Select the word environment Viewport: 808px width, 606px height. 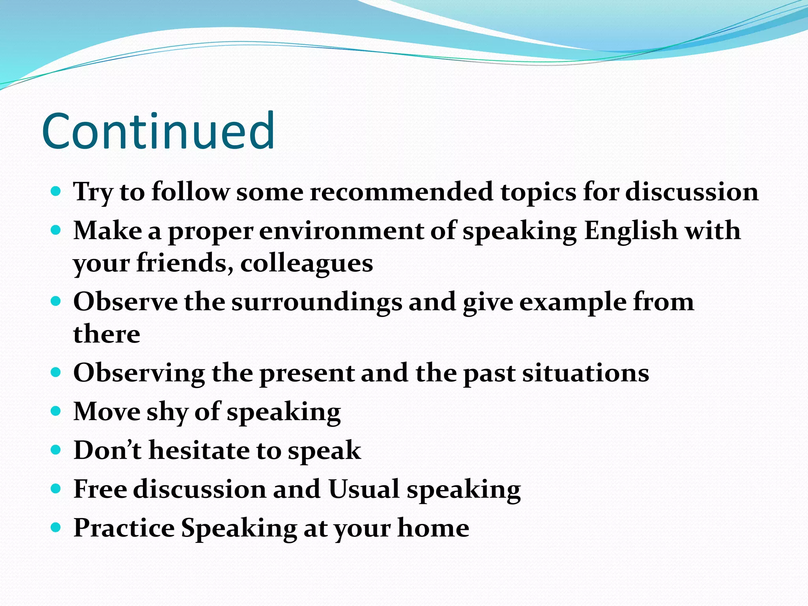click(x=341, y=231)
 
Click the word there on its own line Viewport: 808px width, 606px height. click(x=107, y=334)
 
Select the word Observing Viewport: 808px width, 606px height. click(x=139, y=373)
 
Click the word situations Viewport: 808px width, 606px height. click(x=585, y=373)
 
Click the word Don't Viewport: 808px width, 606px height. click(x=107, y=450)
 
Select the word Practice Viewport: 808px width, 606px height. click(x=124, y=528)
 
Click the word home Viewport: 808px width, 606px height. click(x=433, y=528)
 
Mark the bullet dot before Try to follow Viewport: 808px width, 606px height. click(x=56, y=192)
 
